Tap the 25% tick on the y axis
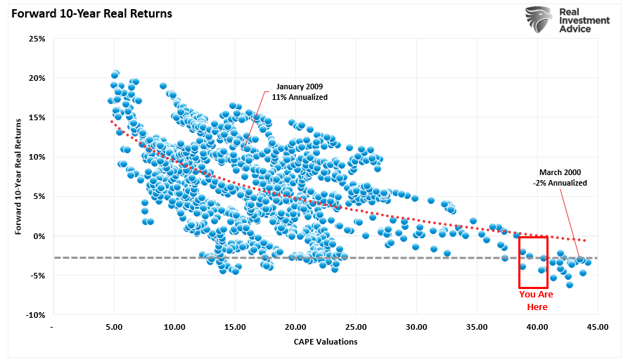37,38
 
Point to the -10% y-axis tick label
35,315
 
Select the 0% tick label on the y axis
39,236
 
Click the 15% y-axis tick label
37,117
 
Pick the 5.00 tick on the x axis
113,327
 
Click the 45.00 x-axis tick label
598,327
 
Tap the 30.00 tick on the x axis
416,327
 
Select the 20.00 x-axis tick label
295,327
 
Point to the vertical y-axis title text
18,176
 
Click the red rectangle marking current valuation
534,262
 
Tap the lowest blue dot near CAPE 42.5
570,285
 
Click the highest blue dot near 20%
115,74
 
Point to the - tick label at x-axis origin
53,327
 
